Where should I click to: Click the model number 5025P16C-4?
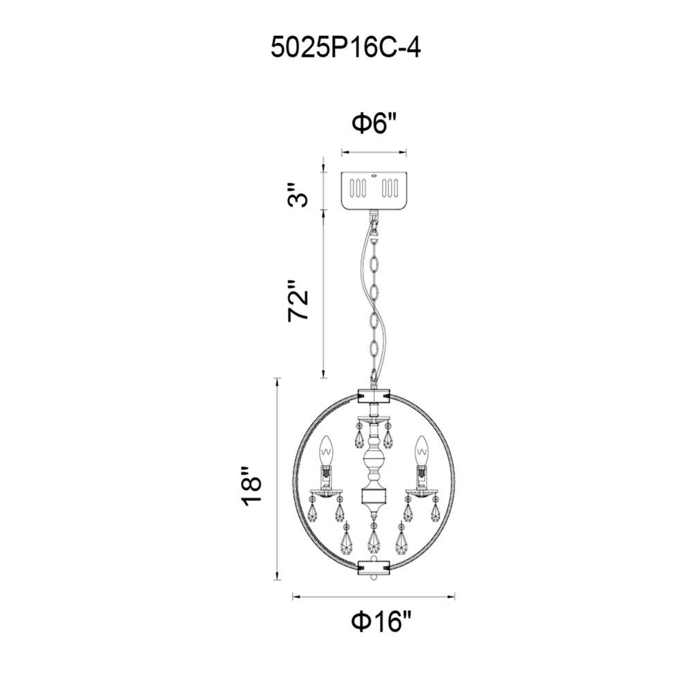(345, 48)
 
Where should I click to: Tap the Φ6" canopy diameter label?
(374, 122)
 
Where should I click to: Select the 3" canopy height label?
(297, 194)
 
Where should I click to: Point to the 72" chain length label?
(297, 300)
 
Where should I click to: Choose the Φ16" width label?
(381, 621)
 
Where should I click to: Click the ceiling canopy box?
(374, 191)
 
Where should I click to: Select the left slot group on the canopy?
(358, 188)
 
